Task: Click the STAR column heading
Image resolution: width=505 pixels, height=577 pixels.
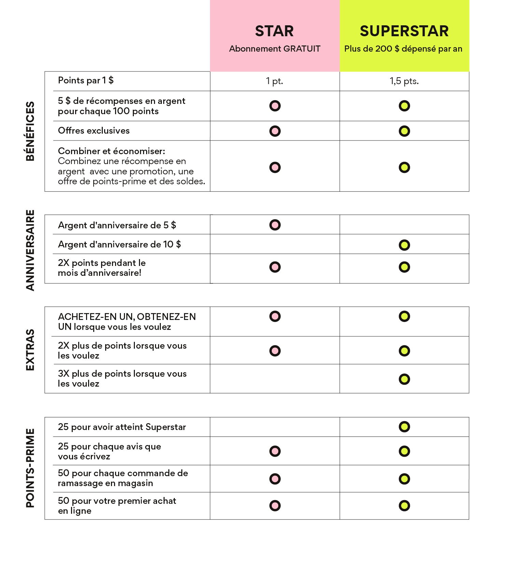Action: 274,31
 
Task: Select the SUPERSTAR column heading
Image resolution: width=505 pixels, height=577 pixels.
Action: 404,31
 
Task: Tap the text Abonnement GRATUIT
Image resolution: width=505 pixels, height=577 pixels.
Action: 275,49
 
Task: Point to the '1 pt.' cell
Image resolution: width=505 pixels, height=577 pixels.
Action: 275,81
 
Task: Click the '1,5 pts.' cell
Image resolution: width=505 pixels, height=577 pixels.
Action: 404,81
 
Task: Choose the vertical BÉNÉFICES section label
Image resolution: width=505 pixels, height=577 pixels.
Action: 30,131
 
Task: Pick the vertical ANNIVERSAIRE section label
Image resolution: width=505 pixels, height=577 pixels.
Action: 30,250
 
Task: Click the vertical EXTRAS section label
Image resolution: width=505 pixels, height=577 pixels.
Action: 30,350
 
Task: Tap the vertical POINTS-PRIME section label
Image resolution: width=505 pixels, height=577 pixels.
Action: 30,468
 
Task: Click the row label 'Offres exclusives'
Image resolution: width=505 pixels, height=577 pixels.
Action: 94,131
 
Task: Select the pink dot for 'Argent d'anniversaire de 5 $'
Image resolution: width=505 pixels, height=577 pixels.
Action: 275,225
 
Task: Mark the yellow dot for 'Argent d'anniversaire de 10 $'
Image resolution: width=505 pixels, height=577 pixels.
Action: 404,245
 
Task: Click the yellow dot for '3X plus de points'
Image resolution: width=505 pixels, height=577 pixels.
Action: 404,379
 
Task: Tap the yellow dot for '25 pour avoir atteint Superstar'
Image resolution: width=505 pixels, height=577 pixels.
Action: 404,427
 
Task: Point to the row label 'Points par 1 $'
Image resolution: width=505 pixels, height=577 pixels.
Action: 86,81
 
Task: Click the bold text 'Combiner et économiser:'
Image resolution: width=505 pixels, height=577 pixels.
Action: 111,151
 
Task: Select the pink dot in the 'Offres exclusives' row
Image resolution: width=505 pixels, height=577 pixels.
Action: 275,131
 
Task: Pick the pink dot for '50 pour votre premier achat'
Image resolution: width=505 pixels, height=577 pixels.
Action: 275,506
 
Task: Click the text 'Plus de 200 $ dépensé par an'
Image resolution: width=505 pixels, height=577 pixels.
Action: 403,49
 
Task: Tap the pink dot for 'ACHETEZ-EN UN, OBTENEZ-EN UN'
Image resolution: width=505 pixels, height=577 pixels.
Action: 275,317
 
